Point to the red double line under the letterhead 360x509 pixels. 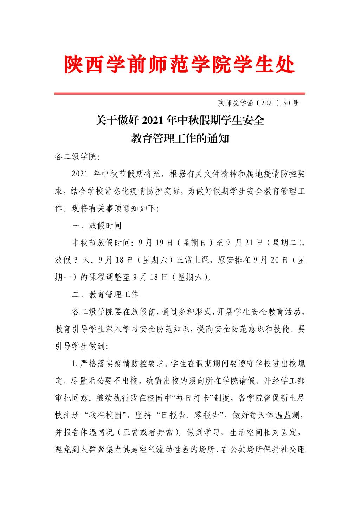[x=179, y=94]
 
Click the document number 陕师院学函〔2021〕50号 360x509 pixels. [x=258, y=103]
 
